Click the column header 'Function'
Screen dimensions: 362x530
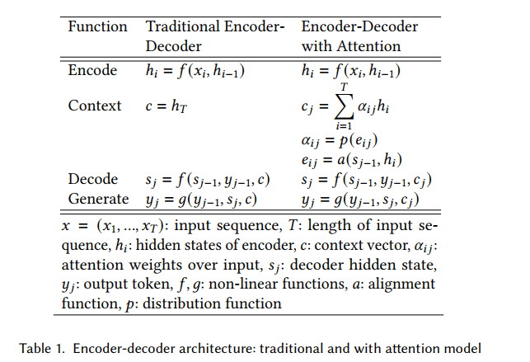click(x=97, y=26)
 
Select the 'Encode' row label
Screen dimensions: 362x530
click(x=92, y=70)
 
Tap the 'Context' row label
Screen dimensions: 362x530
click(x=95, y=106)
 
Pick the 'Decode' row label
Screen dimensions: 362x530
click(x=93, y=179)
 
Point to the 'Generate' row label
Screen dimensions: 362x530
click(x=98, y=199)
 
